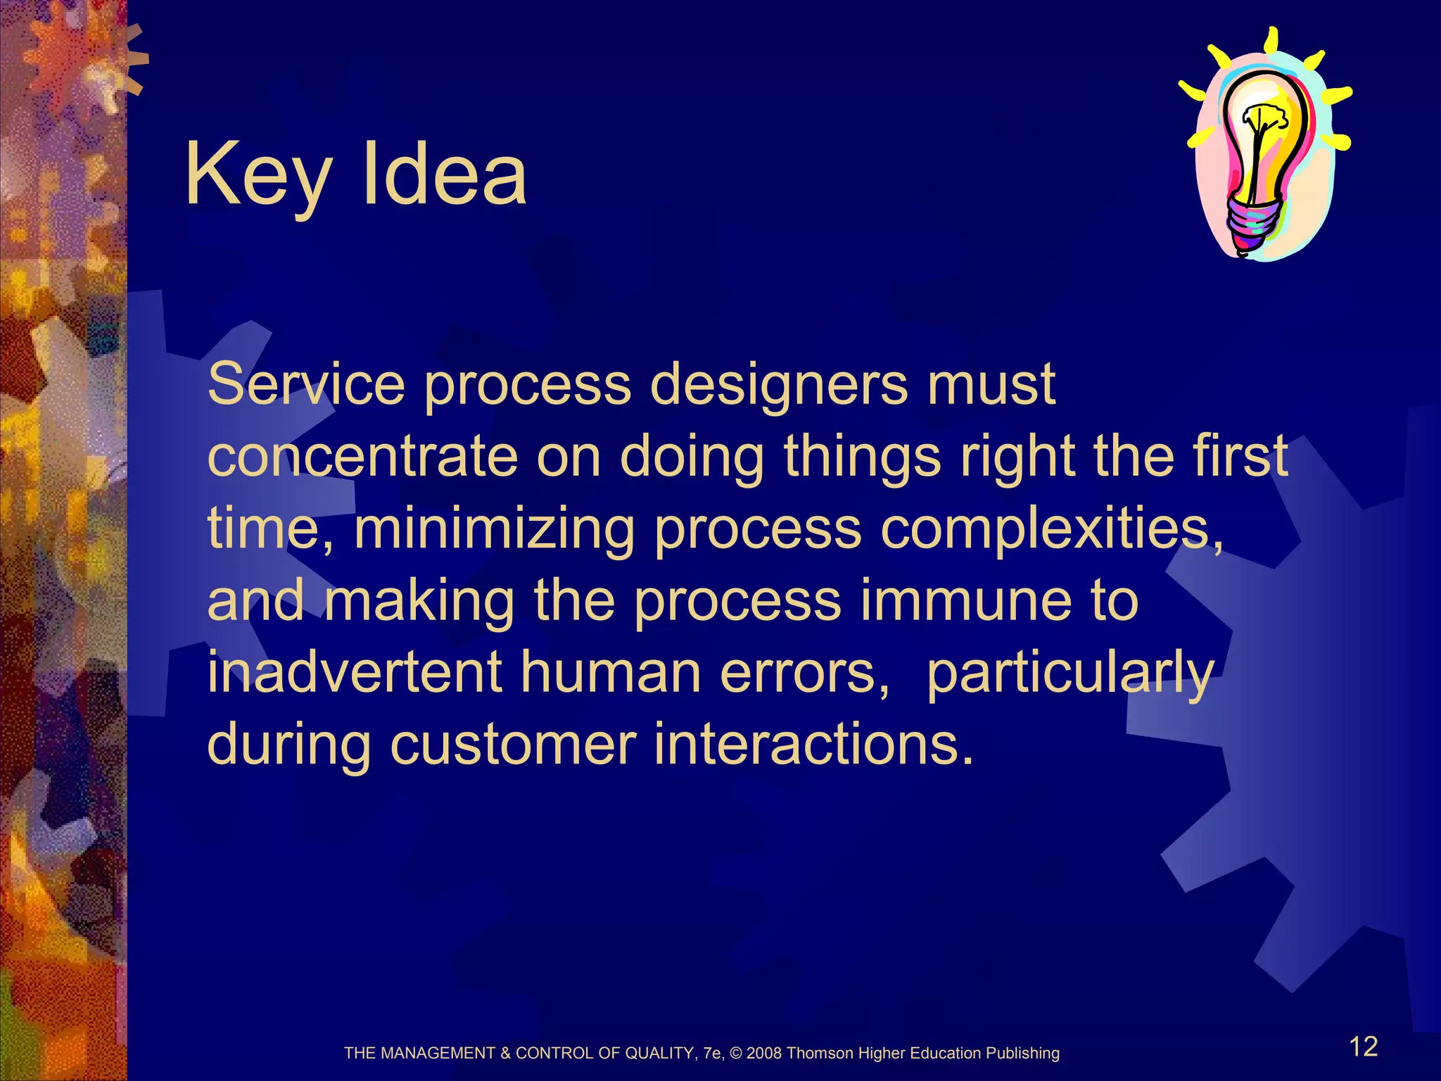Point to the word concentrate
point(362,457)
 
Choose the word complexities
point(1051,529)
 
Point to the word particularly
point(1069,674)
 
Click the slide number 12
point(1363,1047)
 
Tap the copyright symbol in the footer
point(737,1054)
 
